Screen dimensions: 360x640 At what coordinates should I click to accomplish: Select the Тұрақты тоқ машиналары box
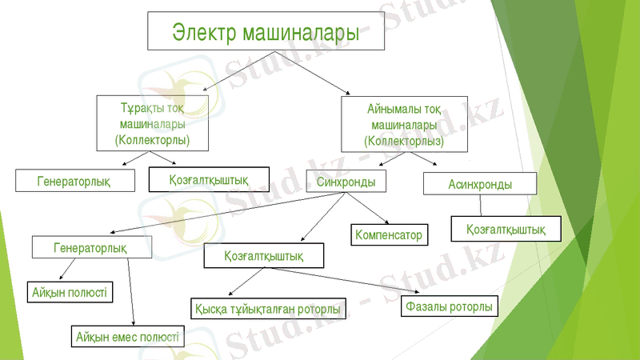click(x=153, y=122)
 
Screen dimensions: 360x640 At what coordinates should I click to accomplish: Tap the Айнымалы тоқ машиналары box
click(x=403, y=123)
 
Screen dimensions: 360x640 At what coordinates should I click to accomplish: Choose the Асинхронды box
click(x=479, y=183)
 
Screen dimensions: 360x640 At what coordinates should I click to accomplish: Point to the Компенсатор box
click(x=388, y=234)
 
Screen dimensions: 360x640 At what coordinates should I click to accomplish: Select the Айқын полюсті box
click(x=70, y=291)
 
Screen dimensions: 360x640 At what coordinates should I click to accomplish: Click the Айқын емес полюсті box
click(x=127, y=336)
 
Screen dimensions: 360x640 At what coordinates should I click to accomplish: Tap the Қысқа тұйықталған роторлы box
click(x=269, y=308)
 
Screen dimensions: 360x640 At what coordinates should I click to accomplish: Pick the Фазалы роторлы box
click(x=450, y=306)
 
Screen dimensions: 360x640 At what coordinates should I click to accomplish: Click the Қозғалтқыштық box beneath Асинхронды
click(x=506, y=229)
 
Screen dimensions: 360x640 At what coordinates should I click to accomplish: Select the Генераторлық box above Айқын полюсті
click(x=90, y=247)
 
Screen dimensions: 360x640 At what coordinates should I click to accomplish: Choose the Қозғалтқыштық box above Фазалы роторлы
click(x=264, y=256)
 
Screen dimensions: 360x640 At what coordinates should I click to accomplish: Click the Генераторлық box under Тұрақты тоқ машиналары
click(x=74, y=181)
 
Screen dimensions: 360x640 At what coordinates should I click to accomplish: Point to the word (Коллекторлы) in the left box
click(x=153, y=140)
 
